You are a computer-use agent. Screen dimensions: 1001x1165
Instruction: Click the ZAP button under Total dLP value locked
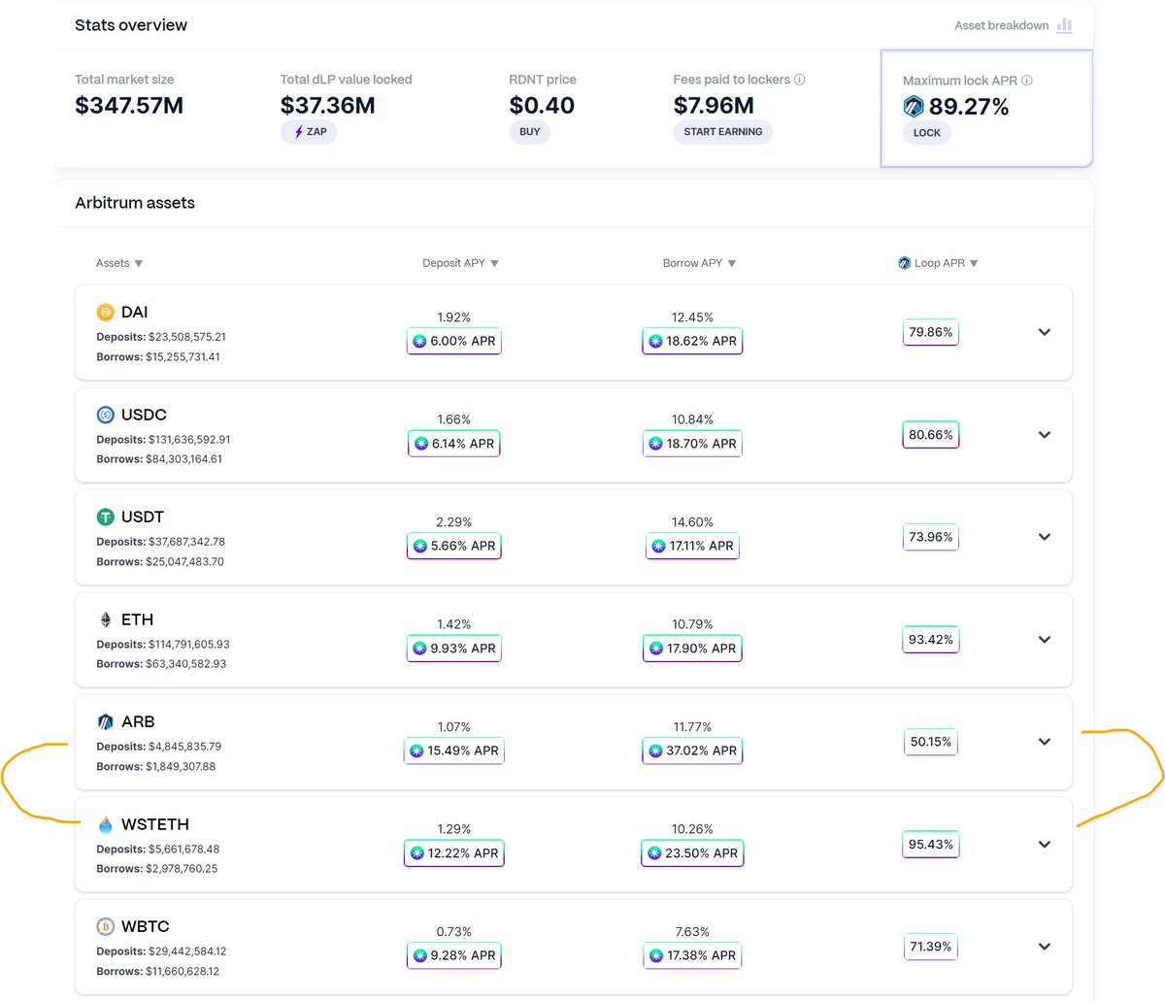309,131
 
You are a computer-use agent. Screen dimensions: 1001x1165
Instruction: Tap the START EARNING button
722,131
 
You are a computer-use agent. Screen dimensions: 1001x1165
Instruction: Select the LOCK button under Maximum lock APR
926,132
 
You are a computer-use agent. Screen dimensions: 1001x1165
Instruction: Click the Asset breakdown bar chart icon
1064,25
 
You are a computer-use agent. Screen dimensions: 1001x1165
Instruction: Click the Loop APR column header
938,263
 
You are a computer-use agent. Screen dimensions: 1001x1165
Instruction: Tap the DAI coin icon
106,312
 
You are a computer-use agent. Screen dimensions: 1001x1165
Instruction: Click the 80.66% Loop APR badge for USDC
930,435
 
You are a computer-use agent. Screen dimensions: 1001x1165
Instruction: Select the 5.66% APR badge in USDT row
454,546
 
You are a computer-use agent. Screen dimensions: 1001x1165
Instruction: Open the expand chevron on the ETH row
1045,640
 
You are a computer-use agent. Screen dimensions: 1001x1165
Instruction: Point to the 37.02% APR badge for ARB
693,751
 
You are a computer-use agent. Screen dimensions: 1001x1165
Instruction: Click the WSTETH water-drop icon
106,824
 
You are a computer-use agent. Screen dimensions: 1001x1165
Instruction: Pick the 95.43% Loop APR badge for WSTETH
930,845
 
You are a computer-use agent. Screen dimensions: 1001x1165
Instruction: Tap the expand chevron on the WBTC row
1045,947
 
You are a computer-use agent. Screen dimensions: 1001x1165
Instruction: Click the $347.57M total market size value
129,105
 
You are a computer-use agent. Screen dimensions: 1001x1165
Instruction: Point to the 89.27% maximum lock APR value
968,107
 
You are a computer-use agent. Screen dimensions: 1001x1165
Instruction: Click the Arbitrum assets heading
135,203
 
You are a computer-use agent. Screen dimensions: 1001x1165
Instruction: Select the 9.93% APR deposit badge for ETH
454,649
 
